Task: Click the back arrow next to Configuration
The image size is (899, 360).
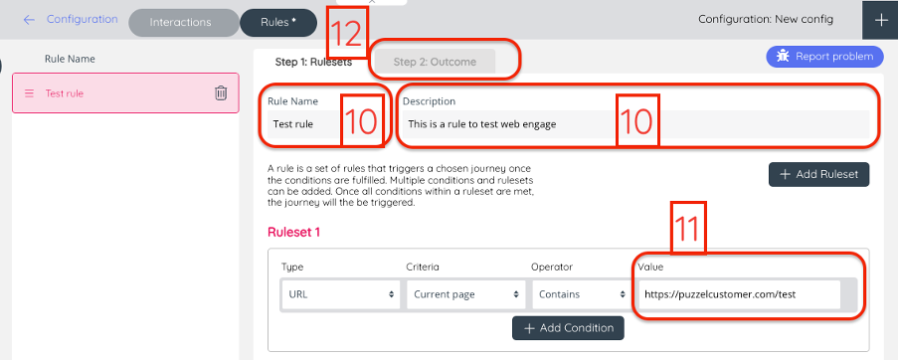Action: pyautogui.click(x=29, y=20)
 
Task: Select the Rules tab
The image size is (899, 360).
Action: pyautogui.click(x=278, y=23)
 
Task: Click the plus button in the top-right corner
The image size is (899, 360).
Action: pyautogui.click(x=881, y=20)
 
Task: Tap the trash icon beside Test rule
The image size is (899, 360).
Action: pyautogui.click(x=221, y=92)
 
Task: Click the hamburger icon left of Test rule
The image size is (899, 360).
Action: pyautogui.click(x=29, y=93)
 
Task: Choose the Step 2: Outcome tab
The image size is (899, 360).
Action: pyautogui.click(x=435, y=62)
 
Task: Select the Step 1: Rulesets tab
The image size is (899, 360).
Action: pyautogui.click(x=313, y=63)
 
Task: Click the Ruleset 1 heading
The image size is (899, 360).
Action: pyautogui.click(x=293, y=232)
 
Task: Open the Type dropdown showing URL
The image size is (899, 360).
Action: pyautogui.click(x=340, y=294)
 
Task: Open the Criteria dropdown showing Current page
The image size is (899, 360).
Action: pyautogui.click(x=465, y=294)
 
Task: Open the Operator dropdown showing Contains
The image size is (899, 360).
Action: pyautogui.click(x=580, y=294)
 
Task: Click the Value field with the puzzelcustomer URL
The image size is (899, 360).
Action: pyautogui.click(x=740, y=294)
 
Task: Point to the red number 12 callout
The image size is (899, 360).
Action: pyautogui.click(x=347, y=33)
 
